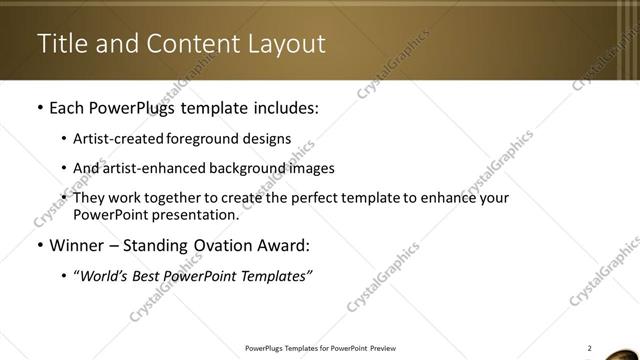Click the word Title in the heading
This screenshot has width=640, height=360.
tap(59, 44)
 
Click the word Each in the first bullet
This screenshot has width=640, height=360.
tap(68, 105)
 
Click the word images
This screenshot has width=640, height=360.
tap(311, 168)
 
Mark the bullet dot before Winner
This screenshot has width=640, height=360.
tap(39, 246)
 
